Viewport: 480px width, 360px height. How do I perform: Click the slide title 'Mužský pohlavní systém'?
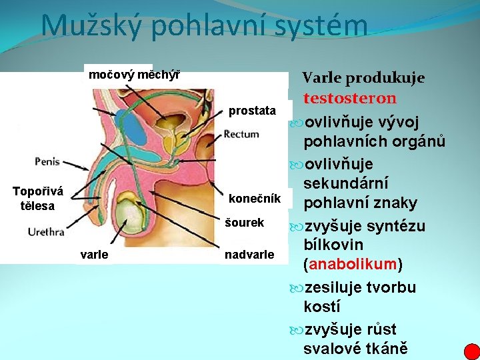tap(204, 25)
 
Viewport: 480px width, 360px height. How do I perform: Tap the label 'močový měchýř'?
tap(133, 74)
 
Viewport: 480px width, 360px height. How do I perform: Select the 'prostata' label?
tap(252, 110)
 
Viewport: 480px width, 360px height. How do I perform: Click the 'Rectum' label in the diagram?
tap(241, 134)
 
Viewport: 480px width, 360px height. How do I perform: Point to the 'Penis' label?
tap(47, 161)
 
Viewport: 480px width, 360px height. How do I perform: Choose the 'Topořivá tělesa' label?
tap(38, 199)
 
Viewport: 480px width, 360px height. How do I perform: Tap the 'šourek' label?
tap(246, 223)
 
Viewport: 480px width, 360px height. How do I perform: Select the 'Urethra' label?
tap(46, 232)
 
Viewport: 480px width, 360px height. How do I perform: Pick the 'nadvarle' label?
tap(249, 254)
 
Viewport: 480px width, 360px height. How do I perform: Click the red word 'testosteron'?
tap(350, 99)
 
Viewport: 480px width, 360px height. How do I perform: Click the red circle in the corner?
tap(471, 351)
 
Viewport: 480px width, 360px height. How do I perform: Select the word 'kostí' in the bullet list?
tap(321, 308)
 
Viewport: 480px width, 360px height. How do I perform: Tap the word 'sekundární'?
tap(346, 183)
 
